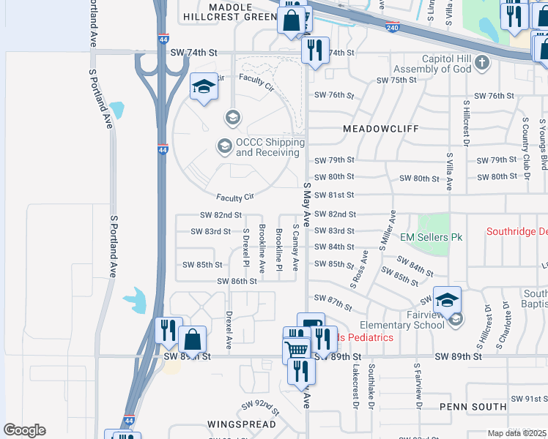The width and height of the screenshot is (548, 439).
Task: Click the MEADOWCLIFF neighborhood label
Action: [x=381, y=128]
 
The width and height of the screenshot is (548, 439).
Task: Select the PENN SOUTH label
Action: [x=473, y=406]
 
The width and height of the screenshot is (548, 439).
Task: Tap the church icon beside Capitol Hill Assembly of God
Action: [x=481, y=63]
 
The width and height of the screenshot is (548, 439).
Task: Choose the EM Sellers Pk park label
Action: [x=432, y=238]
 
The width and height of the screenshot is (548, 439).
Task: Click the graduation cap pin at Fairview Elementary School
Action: [x=447, y=300]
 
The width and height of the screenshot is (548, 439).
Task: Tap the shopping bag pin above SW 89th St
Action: [x=192, y=340]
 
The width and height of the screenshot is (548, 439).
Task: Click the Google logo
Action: [x=24, y=430]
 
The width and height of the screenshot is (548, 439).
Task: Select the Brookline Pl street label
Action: [x=279, y=249]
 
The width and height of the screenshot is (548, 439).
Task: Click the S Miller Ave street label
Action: [x=388, y=230]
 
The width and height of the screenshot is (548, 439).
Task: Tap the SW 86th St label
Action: [x=237, y=281]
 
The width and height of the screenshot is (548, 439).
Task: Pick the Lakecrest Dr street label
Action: [x=355, y=385]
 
